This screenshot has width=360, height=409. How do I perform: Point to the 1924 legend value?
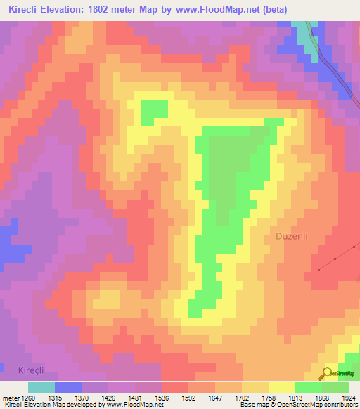pyautogui.click(x=349, y=397)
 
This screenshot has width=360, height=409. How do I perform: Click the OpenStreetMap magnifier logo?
pyautogui.click(x=328, y=374)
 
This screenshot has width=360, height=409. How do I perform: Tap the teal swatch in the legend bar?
pyautogui.click(x=41, y=387)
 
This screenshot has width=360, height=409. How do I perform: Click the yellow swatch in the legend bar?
pyautogui.click(x=281, y=387)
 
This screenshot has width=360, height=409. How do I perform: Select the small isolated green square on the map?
pyautogui.click(x=155, y=110)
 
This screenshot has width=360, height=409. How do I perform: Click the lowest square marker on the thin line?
pyautogui.click(x=319, y=270)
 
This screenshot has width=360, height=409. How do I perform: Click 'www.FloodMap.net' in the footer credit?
pyautogui.click(x=132, y=405)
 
